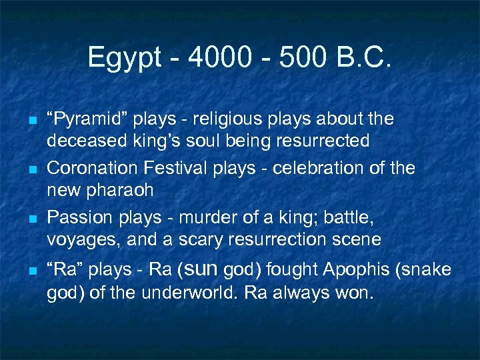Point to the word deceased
(79, 141)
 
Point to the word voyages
(74, 239)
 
